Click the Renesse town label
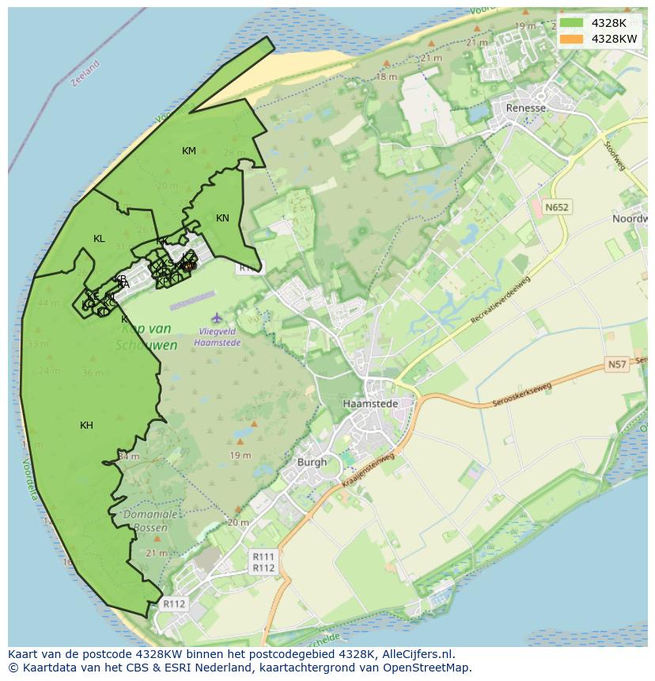[526, 108]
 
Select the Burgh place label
[312, 462]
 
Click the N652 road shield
[556, 207]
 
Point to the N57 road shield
[616, 365]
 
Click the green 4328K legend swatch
[570, 23]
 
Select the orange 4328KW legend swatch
[570, 39]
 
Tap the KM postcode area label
[189, 151]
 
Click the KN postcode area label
[222, 218]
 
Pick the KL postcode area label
[99, 239]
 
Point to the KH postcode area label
[86, 426]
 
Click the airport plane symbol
[217, 318]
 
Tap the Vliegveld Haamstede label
[218, 339]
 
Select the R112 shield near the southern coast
[174, 604]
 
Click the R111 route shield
[263, 557]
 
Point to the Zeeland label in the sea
[85, 74]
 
